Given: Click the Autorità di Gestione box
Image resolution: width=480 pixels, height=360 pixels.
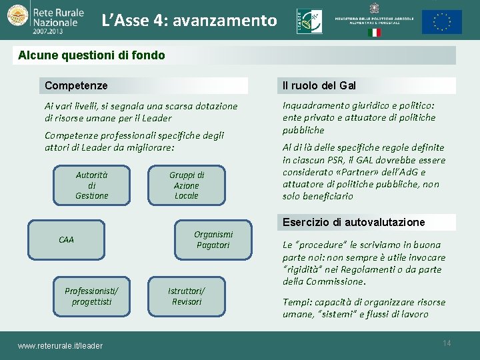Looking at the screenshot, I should (x=92, y=185).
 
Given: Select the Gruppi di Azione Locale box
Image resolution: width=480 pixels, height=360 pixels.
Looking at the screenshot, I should (x=186, y=185).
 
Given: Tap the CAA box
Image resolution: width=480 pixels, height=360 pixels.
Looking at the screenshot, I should (x=67, y=239).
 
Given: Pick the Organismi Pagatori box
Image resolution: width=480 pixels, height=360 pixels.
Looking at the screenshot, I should (x=213, y=239).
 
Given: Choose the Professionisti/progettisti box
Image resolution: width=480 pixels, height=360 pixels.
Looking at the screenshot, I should (x=92, y=296).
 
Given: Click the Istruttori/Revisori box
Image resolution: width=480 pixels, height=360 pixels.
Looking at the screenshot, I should (x=187, y=296).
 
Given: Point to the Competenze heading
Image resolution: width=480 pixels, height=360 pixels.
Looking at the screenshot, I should (x=76, y=85).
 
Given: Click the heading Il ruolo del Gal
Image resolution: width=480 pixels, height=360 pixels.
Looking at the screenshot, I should (x=319, y=85).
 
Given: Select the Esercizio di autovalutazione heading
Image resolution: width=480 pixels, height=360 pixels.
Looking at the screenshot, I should (x=353, y=222).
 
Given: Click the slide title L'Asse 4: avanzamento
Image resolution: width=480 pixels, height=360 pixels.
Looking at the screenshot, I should (x=189, y=21).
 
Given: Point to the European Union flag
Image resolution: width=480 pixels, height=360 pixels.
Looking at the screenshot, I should (x=441, y=22).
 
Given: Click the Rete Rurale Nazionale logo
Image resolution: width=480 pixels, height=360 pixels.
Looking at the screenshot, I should (x=43, y=21).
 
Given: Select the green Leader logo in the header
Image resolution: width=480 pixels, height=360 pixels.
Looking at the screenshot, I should (x=309, y=21).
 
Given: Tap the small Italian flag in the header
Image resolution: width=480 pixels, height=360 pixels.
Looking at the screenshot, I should (x=374, y=32).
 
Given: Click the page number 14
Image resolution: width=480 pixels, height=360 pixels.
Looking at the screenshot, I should (x=447, y=343).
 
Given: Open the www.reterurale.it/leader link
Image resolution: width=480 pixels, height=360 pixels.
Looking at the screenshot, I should (x=60, y=345).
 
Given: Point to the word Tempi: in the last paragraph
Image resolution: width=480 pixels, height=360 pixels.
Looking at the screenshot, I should (x=297, y=302).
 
